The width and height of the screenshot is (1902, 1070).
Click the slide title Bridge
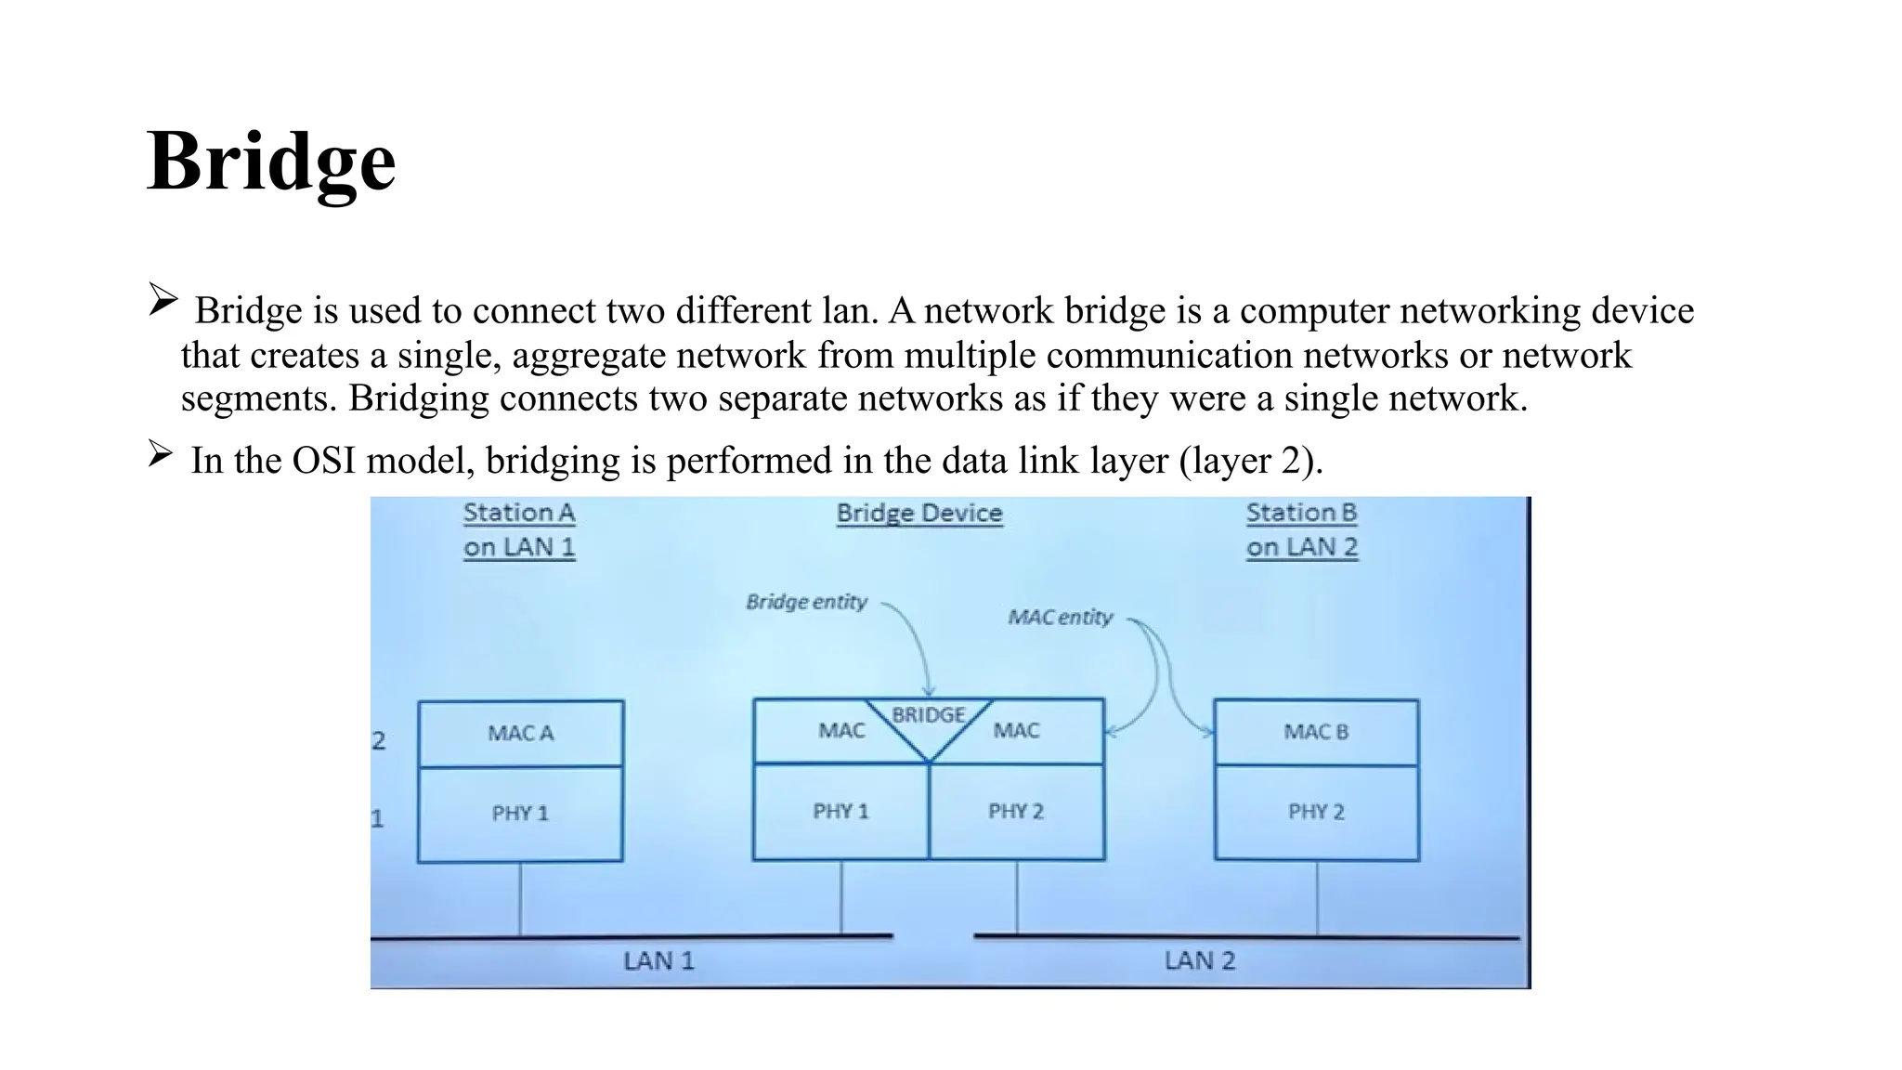coord(271,162)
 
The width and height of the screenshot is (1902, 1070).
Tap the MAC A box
coord(520,733)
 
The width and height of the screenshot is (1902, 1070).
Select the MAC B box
coord(1316,732)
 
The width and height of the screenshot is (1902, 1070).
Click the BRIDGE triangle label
coord(929,715)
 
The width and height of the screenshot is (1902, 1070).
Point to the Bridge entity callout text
coord(806,602)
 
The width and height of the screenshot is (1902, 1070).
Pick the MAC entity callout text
coord(1060,618)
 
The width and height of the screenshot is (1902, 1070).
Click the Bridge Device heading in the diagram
coord(919,513)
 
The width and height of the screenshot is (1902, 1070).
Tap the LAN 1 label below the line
coord(658,960)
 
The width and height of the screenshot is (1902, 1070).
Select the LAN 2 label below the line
coord(1200,960)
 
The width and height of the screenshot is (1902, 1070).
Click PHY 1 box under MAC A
coord(520,814)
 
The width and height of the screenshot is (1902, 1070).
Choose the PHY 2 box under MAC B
coord(1316,812)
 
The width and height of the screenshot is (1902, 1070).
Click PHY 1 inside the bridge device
coord(840,811)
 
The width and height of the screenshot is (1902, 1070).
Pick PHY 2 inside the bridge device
coord(1016,811)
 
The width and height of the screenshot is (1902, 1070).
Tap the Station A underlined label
coord(519,529)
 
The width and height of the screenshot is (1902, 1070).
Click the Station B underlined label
coord(1301,529)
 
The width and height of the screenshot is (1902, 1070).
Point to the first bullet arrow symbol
coord(163,300)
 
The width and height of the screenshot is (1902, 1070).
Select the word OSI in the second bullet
coord(324,461)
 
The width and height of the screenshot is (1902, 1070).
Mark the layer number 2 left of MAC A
coord(378,740)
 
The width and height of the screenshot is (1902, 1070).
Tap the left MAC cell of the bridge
coord(840,731)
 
